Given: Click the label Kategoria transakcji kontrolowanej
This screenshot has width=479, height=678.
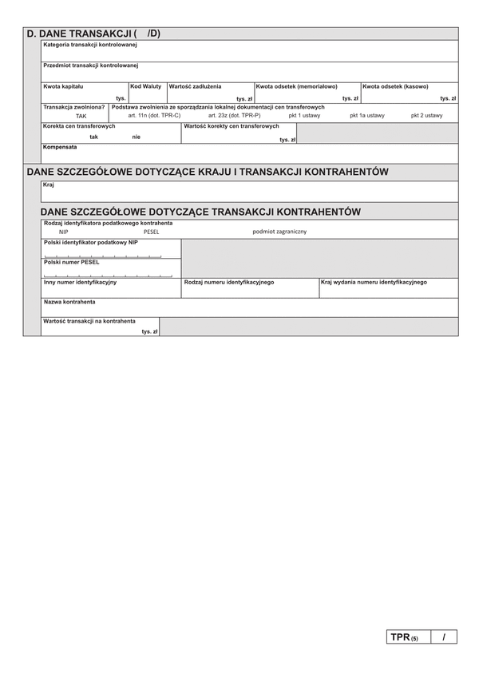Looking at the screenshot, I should coord(90,45).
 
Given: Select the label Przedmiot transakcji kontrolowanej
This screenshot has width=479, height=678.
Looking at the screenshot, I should coord(91,65).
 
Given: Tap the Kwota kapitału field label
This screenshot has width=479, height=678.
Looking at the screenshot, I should coord(64,86).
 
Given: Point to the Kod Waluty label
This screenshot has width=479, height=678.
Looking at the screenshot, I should coord(146,86).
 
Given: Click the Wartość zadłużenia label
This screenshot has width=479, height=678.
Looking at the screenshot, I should coord(196,86).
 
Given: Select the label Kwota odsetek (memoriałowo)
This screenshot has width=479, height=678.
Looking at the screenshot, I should coord(296,86).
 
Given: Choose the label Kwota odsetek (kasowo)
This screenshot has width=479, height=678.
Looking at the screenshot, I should coord(395,86).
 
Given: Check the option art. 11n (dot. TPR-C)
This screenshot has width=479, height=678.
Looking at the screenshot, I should coord(154,116).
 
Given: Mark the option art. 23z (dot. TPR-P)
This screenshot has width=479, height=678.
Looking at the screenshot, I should coord(235,116).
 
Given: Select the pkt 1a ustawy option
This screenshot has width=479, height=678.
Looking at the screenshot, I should coord(367,116).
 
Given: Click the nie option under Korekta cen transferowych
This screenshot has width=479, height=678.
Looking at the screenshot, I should coord(137,137).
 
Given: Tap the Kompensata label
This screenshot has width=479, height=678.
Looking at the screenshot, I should coord(61,148).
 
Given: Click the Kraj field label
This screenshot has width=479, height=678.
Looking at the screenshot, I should coord(49,184).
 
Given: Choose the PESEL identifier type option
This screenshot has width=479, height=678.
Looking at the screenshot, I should coord(152,232).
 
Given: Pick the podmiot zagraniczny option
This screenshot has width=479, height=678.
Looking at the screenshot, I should coord(279,232).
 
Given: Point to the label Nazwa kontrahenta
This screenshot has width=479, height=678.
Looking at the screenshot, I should coord(69,302).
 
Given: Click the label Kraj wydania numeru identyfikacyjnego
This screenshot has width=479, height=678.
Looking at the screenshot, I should coord(374,282).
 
